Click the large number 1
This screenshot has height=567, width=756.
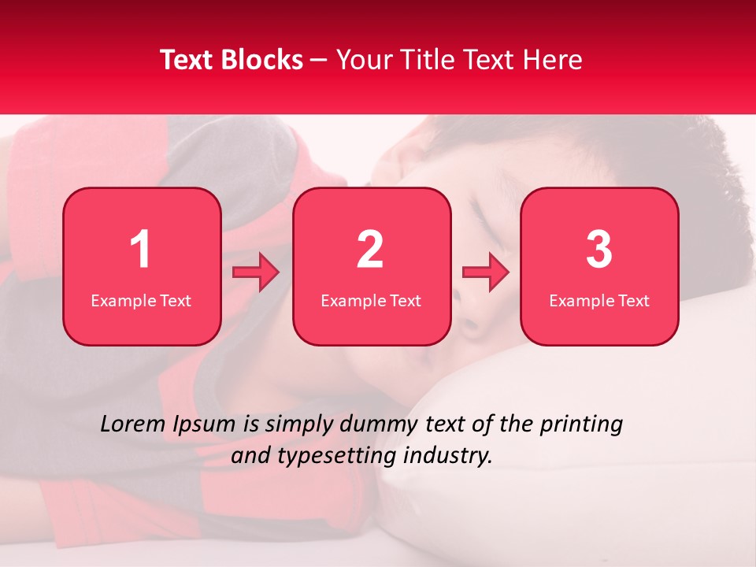pos(140,250)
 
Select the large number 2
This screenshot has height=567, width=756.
pos(370,250)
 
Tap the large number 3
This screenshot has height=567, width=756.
pos(599,250)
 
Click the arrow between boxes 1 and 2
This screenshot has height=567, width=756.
pos(256,273)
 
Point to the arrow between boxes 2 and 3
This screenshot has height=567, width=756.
pos(486,273)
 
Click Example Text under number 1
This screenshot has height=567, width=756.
pos(141,301)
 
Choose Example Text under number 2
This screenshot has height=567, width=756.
pos(371,301)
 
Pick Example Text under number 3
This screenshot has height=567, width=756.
pos(599,301)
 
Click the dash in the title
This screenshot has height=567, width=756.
pos(319,61)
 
